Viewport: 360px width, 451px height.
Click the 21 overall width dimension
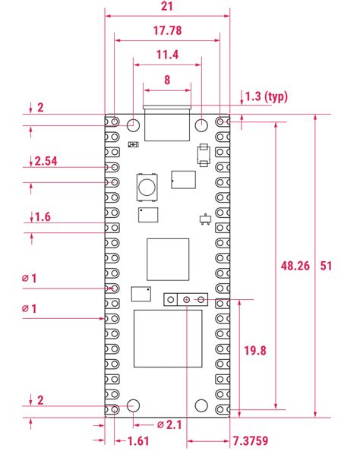click(x=167, y=6)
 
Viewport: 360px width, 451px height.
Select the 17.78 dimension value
click(x=167, y=31)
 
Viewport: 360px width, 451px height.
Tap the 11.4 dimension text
click(x=167, y=55)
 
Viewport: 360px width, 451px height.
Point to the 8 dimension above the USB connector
click(x=167, y=78)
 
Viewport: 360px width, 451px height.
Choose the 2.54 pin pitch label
click(x=46, y=161)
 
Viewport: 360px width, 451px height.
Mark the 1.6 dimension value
click(x=43, y=218)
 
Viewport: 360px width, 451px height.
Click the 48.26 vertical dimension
click(x=295, y=266)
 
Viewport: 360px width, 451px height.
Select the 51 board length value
click(x=327, y=266)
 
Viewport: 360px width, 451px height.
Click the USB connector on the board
click(x=167, y=121)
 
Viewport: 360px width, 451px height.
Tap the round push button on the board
click(x=146, y=184)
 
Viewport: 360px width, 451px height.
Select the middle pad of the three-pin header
click(x=187, y=300)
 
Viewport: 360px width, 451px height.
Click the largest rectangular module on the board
click(x=168, y=338)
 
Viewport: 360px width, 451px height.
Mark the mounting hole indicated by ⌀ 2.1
click(x=134, y=405)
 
